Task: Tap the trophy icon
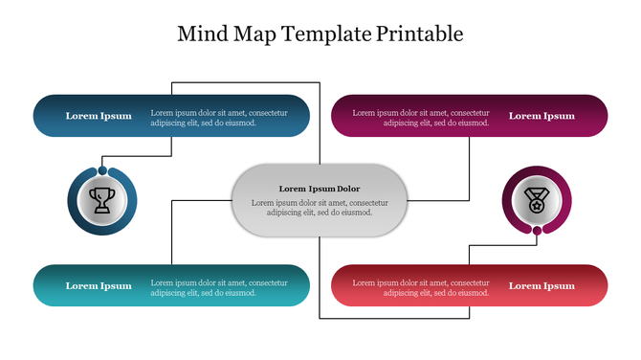[101, 200]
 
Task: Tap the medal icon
[537, 200]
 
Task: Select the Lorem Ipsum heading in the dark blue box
[99, 116]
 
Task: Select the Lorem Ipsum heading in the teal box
[99, 286]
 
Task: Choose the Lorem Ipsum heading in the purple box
[542, 116]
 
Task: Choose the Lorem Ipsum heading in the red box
[542, 286]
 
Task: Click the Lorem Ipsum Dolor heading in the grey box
[320, 189]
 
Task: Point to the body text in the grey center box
[320, 208]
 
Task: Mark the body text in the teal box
[219, 288]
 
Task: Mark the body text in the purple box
[421, 118]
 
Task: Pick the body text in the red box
[421, 288]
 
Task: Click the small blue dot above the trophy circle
[102, 170]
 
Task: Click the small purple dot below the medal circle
[538, 231]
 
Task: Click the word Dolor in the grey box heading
[348, 189]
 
